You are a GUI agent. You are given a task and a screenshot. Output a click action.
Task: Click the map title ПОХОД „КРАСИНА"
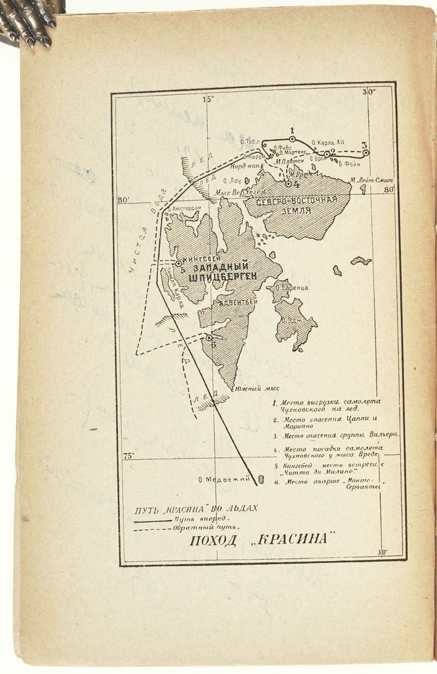click(258, 540)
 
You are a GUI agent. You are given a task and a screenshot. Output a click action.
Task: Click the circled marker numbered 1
click(292, 139)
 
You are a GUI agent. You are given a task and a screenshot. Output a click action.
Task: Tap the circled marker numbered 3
click(366, 152)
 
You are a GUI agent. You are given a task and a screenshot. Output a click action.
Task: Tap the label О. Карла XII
click(327, 142)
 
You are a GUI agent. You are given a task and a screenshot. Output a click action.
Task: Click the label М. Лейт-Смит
click(371, 181)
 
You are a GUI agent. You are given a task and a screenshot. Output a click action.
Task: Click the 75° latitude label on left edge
click(128, 456)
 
